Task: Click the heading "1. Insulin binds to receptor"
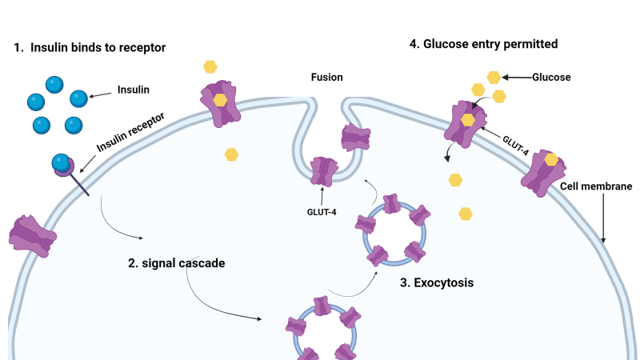[90, 47]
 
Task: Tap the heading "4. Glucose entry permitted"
[484, 44]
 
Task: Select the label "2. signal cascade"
[176, 263]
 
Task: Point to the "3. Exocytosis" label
[437, 282]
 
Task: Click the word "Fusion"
[327, 77]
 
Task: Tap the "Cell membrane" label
[596, 186]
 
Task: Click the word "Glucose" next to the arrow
[551, 77]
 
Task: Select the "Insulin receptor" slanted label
[130, 132]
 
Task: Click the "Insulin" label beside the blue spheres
[134, 90]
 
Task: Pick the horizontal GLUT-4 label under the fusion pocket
[322, 212]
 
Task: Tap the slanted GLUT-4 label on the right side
[515, 146]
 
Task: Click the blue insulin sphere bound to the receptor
[61, 162]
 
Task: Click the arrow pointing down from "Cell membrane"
[603, 218]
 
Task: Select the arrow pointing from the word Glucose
[517, 77]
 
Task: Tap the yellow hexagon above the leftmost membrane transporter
[210, 66]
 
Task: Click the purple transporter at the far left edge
[33, 236]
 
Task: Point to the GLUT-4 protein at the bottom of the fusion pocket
[324, 171]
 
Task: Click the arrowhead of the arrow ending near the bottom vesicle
[259, 318]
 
